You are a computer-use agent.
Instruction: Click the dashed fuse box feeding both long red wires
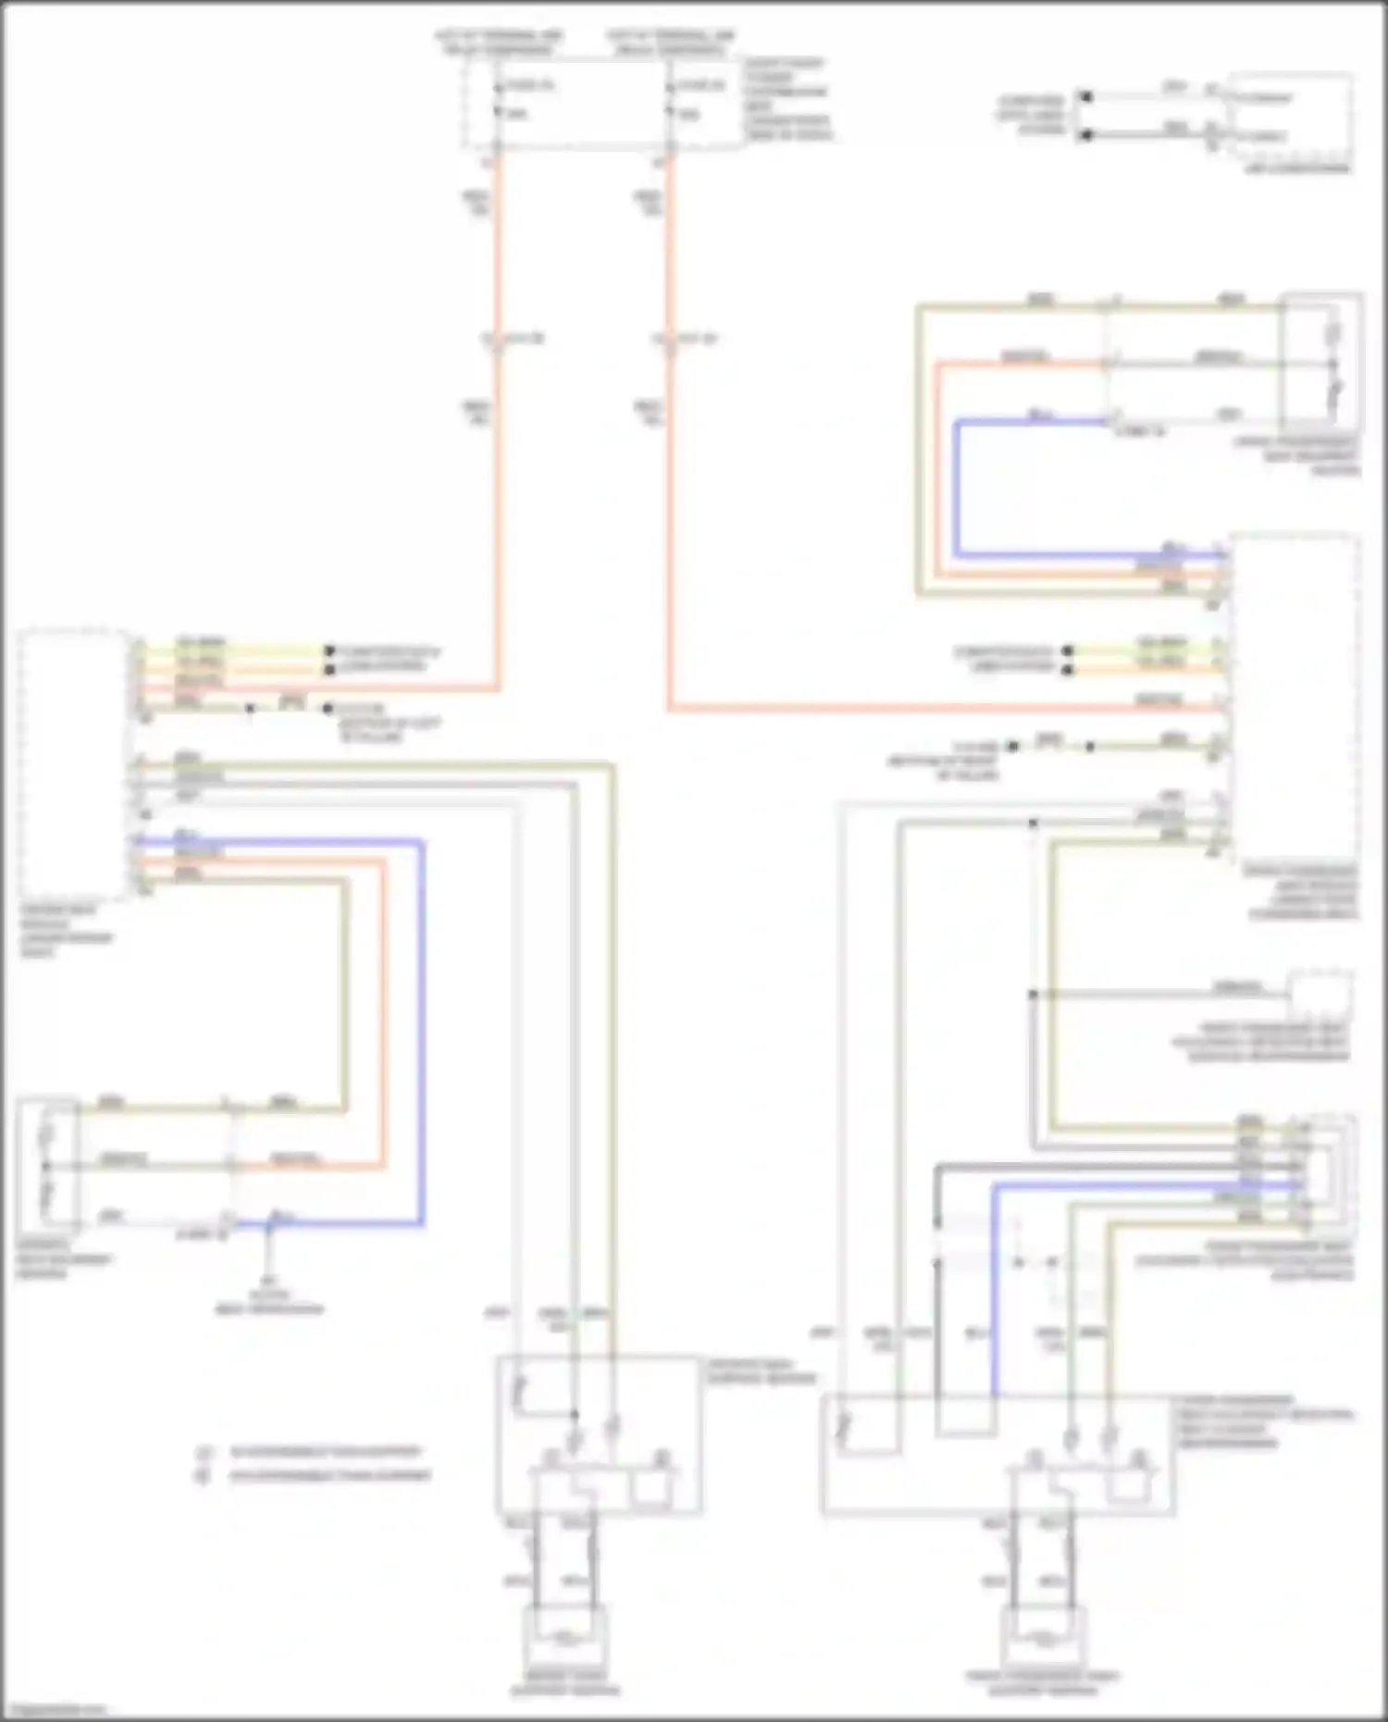[601, 102]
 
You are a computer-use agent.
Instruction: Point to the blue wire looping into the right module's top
[957, 490]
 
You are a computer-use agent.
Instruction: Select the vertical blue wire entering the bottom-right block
[994, 1295]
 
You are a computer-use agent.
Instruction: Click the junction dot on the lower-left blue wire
[270, 1224]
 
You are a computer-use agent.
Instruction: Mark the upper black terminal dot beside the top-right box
[1087, 96]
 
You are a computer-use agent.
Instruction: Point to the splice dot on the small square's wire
[1033, 995]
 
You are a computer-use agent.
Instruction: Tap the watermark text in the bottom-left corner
[54, 1710]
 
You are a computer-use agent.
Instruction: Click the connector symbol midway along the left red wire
[497, 340]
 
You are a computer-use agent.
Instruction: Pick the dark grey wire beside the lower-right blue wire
[936, 1295]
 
